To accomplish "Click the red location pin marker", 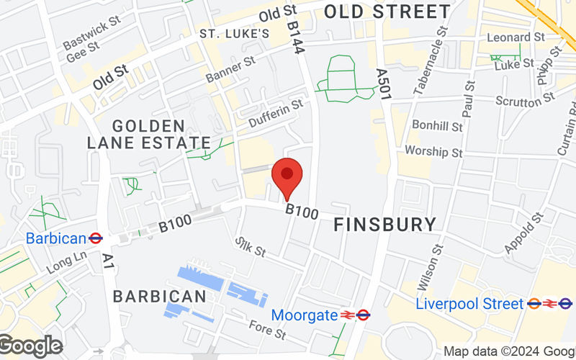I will click(x=287, y=176).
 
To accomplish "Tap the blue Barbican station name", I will click(x=56, y=238).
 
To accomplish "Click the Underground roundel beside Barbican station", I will click(x=95, y=238).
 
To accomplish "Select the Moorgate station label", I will click(x=304, y=315).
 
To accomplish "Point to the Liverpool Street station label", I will click(x=469, y=304).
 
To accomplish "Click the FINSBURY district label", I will click(x=385, y=225).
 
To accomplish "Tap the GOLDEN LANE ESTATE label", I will click(x=148, y=135).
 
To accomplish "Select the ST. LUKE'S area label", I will click(x=235, y=34).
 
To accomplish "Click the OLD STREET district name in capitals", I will click(x=387, y=12).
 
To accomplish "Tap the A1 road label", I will click(x=109, y=261).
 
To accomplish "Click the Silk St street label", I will click(x=251, y=247).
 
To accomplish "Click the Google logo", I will click(x=30, y=346).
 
